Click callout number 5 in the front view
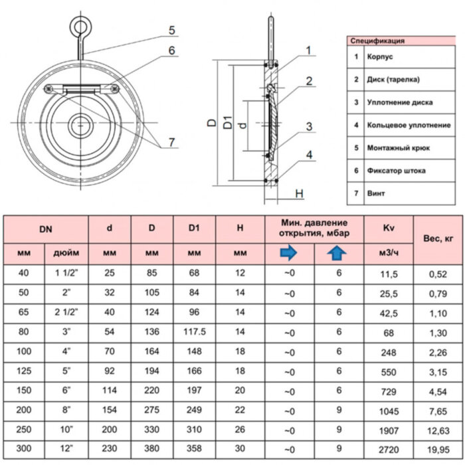(x=171, y=30)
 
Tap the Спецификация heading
(x=378, y=41)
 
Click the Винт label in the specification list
(x=375, y=193)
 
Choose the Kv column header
(x=389, y=228)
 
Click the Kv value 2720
(x=389, y=449)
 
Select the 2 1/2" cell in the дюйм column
(x=66, y=312)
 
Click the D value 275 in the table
(x=151, y=410)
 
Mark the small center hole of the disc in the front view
(x=82, y=124)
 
